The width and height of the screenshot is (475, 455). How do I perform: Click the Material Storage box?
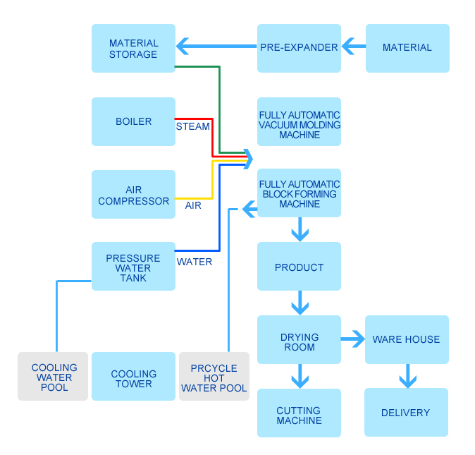pyautogui.click(x=133, y=48)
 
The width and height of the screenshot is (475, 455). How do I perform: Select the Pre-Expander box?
pyautogui.click(x=299, y=48)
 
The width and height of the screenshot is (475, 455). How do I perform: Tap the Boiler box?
pyautogui.click(x=133, y=121)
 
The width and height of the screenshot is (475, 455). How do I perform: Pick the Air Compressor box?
pyautogui.click(x=133, y=194)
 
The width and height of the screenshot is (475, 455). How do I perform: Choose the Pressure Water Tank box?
pyautogui.click(x=133, y=266)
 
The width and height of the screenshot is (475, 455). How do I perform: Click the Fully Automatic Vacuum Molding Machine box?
pyautogui.click(x=299, y=121)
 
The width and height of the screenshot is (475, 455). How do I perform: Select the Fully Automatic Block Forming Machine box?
pyautogui.click(x=299, y=193)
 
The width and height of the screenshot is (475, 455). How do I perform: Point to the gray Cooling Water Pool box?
pyautogui.click(x=53, y=376)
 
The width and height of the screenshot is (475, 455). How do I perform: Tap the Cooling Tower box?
pyautogui.click(x=133, y=376)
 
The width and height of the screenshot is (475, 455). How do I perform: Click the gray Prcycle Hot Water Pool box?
pyautogui.click(x=214, y=376)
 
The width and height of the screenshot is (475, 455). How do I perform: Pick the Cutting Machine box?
pyautogui.click(x=299, y=413)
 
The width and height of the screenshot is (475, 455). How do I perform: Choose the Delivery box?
pyautogui.click(x=406, y=412)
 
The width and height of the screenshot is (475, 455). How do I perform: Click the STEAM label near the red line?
pyautogui.click(x=192, y=126)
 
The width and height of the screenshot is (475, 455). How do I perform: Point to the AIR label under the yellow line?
pyautogui.click(x=193, y=205)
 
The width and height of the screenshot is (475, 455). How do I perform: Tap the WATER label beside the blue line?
pyautogui.click(x=195, y=262)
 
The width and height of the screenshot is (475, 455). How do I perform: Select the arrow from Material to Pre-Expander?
pyautogui.click(x=354, y=46)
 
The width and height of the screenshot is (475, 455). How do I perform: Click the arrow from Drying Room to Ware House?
pyautogui.click(x=353, y=339)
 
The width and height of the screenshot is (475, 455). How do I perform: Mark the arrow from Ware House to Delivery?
pyautogui.click(x=408, y=376)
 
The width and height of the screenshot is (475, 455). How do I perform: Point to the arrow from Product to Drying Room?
pyautogui.click(x=300, y=303)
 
